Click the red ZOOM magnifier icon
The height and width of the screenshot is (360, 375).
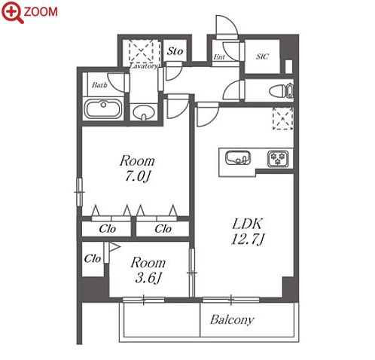click(12, 12)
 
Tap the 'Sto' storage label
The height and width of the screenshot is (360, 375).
click(175, 51)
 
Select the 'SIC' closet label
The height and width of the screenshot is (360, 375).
click(262, 56)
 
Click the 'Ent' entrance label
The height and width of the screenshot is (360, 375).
click(219, 57)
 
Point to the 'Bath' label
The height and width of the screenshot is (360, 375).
click(99, 85)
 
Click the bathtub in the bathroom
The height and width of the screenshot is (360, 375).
click(103, 109)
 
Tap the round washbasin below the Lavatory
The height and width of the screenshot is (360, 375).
click(143, 112)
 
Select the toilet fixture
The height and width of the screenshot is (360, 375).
click(281, 90)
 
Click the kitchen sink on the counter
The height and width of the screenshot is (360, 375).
click(238, 157)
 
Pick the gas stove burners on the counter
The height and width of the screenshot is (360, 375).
click(278, 158)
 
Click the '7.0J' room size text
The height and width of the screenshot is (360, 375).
click(137, 176)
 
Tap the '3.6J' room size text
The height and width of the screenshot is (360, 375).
click(148, 278)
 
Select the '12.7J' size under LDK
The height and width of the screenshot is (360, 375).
click(248, 239)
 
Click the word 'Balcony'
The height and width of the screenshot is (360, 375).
click(232, 320)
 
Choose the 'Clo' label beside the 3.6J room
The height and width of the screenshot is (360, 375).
click(93, 258)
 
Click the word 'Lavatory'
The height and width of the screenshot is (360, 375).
click(144, 66)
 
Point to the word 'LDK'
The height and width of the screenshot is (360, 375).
click(248, 224)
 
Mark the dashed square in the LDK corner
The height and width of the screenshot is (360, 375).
click(283, 118)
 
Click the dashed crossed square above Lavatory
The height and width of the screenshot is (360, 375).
click(141, 51)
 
